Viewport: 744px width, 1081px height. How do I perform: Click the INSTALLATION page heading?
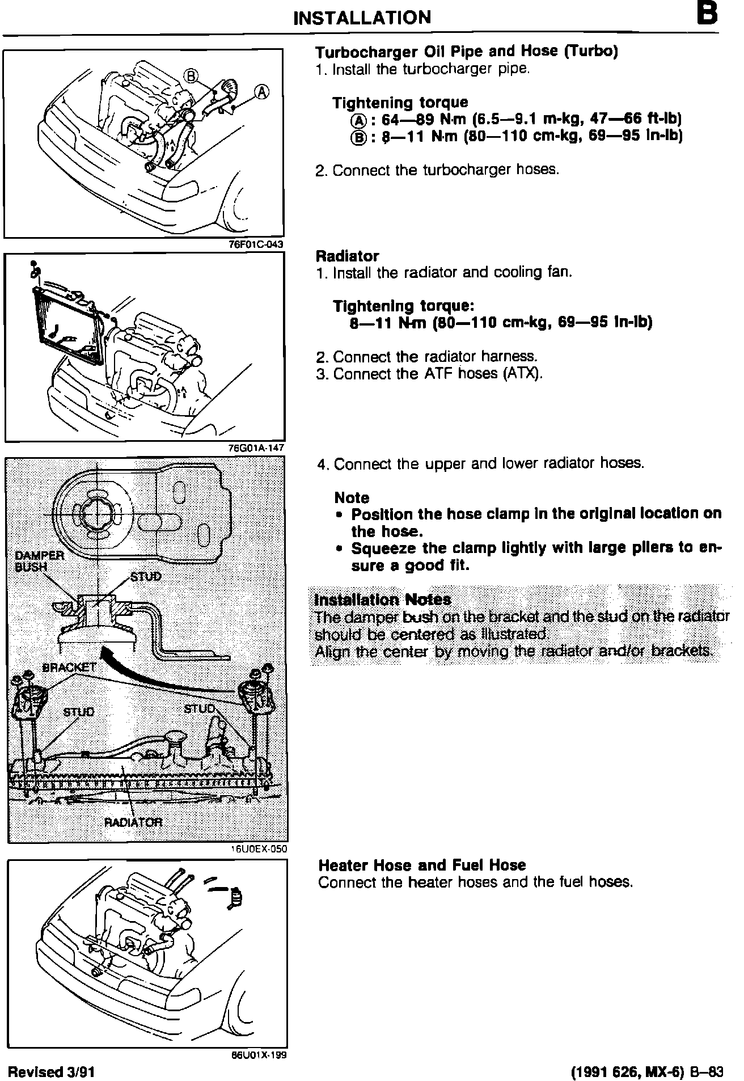point(362,18)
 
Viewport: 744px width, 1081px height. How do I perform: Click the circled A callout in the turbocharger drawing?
point(261,92)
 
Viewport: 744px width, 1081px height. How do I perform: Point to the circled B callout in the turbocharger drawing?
point(192,75)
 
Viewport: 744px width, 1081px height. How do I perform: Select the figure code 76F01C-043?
point(254,244)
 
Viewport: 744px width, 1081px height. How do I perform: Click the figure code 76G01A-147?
point(255,447)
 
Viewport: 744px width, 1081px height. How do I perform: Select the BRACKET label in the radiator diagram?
point(70,668)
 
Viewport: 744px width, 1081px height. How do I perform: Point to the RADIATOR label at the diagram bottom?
point(133,822)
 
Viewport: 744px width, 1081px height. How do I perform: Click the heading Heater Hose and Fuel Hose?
point(422,865)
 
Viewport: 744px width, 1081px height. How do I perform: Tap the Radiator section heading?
point(347,256)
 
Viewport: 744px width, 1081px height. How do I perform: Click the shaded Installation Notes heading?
point(383,599)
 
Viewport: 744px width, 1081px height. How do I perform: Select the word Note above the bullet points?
point(352,498)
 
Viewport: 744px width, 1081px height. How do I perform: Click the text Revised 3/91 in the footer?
point(50,1071)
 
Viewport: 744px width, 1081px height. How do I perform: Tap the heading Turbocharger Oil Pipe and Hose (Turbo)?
point(466,52)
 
